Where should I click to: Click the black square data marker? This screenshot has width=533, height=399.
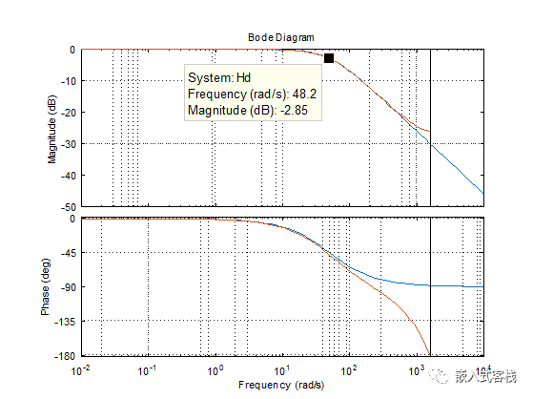point(329,59)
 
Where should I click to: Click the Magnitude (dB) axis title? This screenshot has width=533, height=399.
point(53,128)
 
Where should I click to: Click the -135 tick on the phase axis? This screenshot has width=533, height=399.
point(66,322)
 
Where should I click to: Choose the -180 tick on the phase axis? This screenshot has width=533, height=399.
point(66,356)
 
